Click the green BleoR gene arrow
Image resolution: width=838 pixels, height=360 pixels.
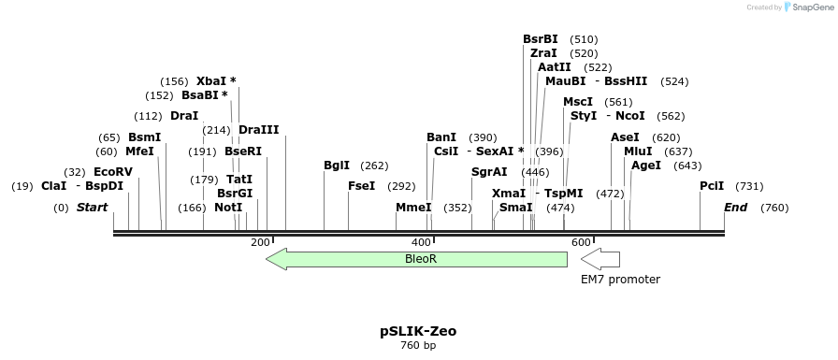[417, 258]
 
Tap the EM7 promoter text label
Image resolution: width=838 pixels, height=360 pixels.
[620, 280]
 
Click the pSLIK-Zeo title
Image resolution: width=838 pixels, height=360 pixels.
[418, 331]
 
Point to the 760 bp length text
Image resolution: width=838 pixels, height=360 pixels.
[418, 346]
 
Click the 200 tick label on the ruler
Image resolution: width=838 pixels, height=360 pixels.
[260, 242]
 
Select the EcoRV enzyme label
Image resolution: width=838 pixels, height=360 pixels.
[113, 172]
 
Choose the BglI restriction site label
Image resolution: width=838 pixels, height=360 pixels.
[337, 166]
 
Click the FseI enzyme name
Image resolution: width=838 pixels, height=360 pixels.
[361, 186]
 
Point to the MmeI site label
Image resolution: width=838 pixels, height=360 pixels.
[413, 208]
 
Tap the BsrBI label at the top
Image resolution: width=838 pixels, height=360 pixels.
[541, 39]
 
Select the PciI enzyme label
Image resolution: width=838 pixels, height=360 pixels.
[713, 186]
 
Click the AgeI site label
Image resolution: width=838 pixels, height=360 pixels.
[646, 166]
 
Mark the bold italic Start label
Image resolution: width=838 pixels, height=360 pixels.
[93, 208]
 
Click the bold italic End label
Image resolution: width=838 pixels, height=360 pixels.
[736, 208]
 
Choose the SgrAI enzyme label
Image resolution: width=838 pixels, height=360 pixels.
[489, 172]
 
